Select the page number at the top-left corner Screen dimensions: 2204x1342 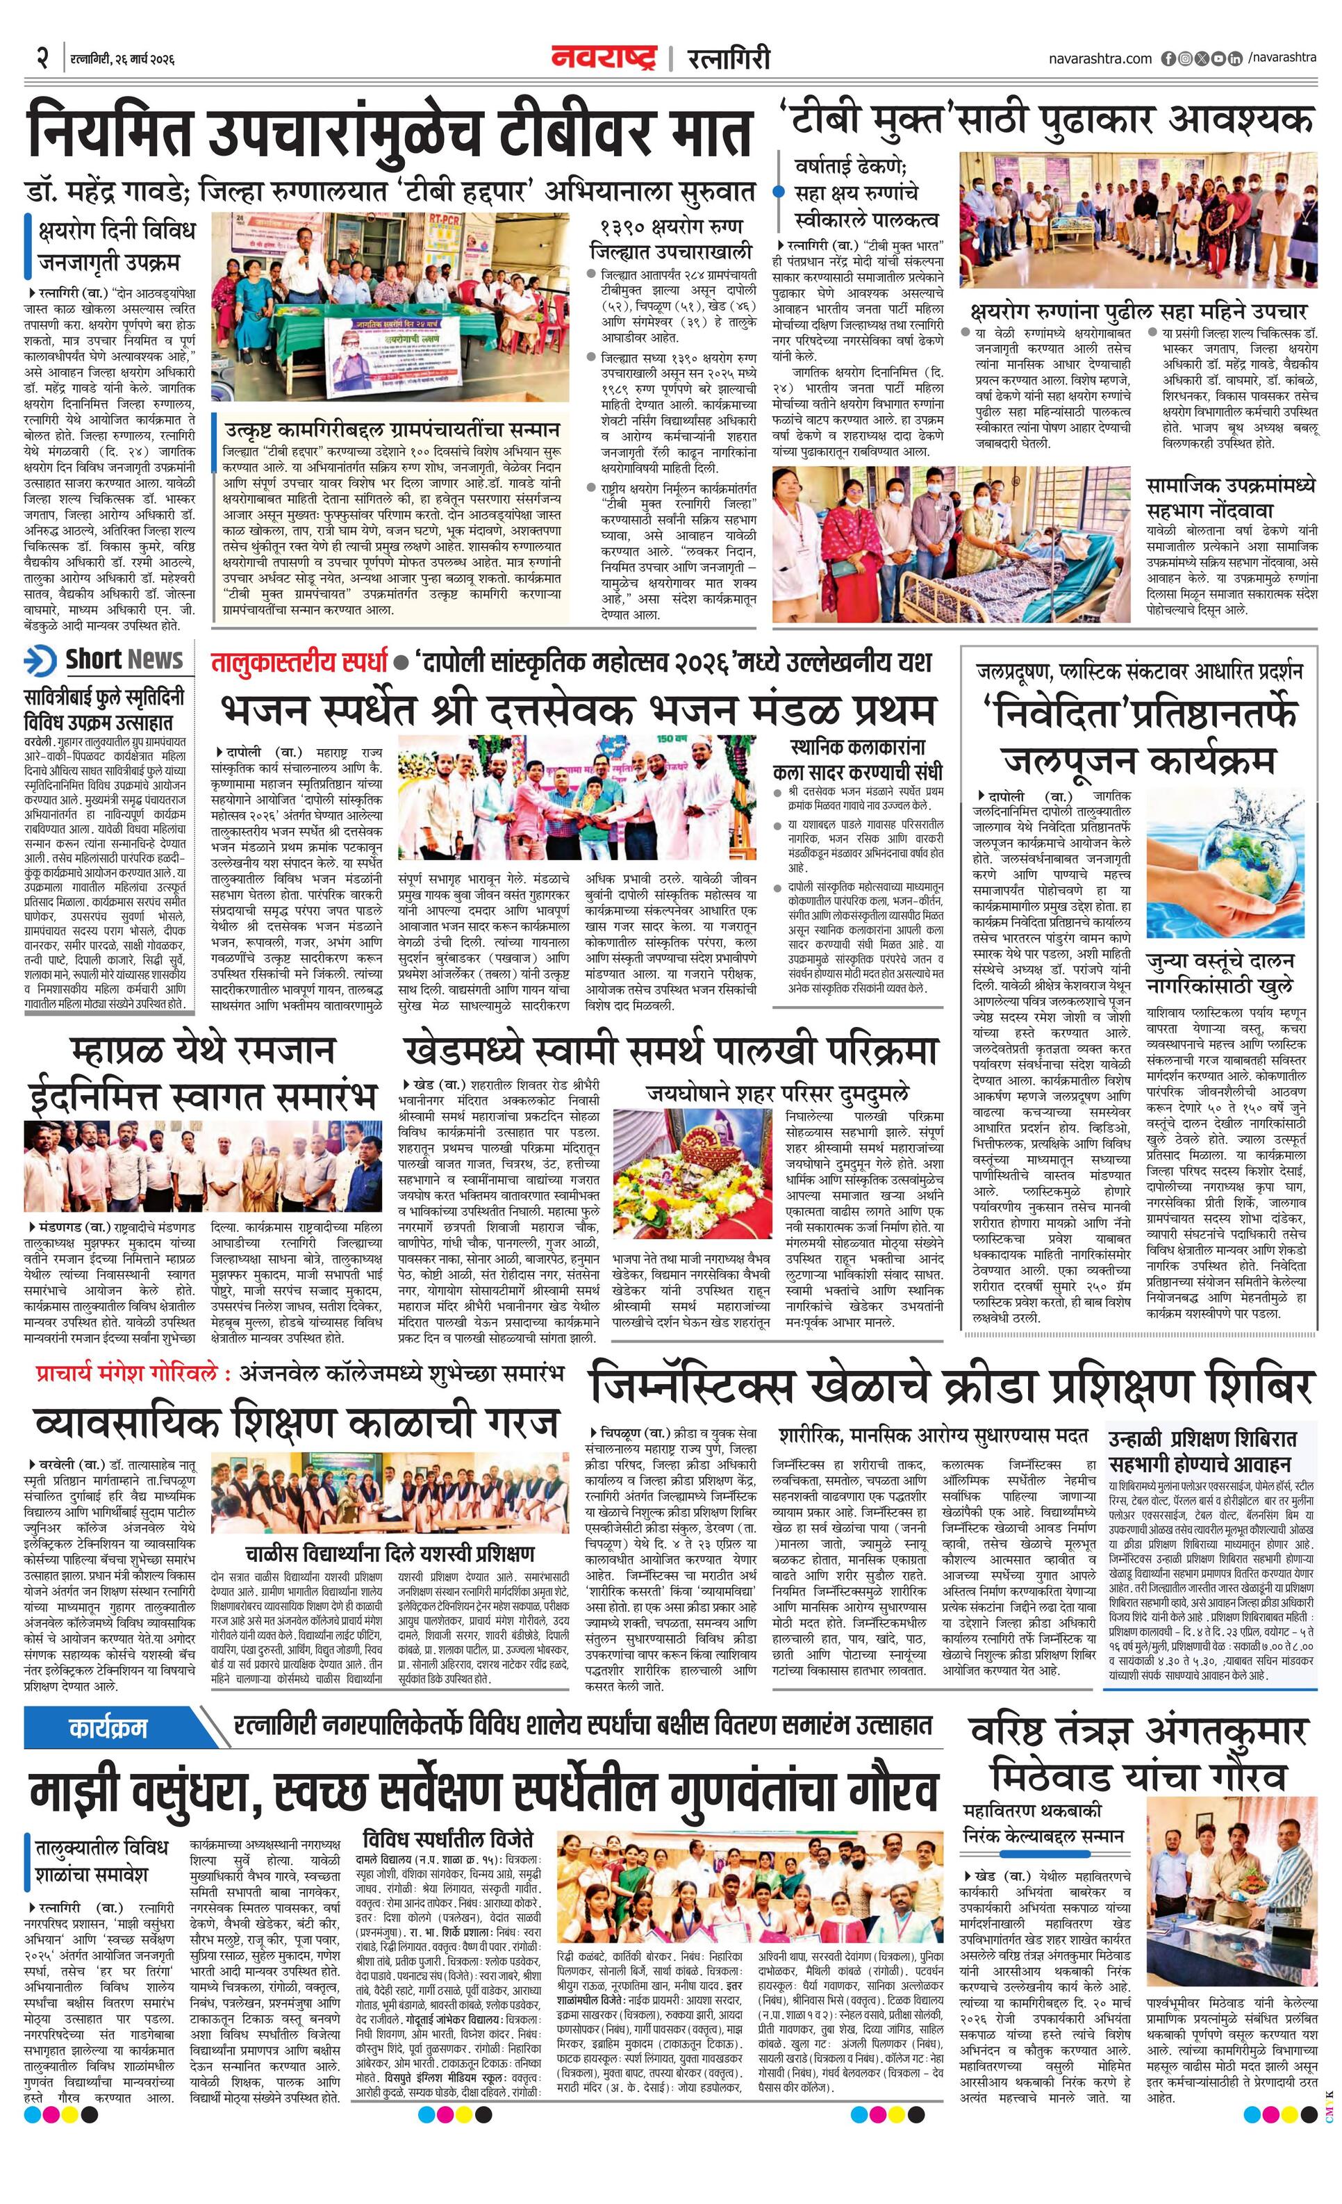click(x=41, y=59)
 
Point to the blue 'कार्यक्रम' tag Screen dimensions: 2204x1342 click(x=107, y=1729)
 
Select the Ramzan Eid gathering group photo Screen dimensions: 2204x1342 click(x=199, y=1167)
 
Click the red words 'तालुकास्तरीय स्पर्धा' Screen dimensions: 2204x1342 click(x=299, y=664)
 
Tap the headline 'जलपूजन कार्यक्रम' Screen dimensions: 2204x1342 click(x=1138, y=762)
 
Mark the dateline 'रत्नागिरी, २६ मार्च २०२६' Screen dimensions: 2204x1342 click(x=122, y=60)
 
